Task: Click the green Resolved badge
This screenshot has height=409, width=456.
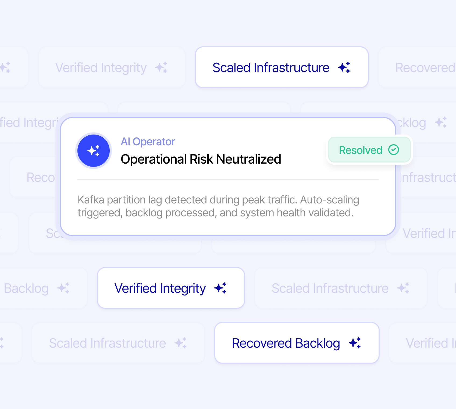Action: click(369, 150)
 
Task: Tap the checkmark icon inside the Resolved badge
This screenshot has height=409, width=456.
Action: click(394, 150)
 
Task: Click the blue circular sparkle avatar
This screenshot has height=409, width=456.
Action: click(94, 151)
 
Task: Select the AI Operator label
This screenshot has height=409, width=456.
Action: click(148, 142)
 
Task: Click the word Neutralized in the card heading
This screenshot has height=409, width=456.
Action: click(249, 159)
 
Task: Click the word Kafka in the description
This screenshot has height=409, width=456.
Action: click(91, 200)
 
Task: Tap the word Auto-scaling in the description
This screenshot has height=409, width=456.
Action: click(329, 200)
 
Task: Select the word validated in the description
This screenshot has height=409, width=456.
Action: click(331, 213)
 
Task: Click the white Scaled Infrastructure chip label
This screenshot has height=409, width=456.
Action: click(271, 68)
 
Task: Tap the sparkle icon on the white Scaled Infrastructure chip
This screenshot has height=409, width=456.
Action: click(344, 67)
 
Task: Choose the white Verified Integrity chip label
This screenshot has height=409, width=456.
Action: click(160, 288)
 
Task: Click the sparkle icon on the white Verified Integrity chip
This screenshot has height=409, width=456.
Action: click(220, 288)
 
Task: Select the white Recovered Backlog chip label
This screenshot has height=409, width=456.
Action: click(286, 343)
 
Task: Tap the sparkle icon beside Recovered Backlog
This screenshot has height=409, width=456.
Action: click(355, 343)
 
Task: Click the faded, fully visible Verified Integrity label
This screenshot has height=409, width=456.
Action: click(101, 68)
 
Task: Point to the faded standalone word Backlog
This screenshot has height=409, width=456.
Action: click(26, 288)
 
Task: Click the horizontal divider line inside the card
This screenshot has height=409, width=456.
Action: click(228, 179)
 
